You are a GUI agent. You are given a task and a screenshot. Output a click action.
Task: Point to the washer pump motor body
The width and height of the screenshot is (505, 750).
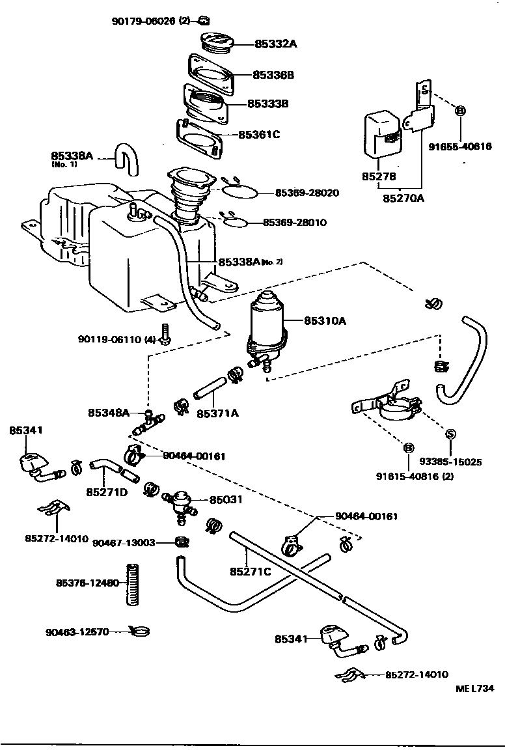coord(267,319)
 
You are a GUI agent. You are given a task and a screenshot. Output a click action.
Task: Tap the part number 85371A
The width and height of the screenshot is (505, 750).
coord(217,413)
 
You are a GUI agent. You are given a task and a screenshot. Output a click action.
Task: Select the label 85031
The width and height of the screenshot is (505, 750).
coord(225,500)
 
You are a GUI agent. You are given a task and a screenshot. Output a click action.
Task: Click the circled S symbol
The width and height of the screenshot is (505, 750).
coord(448,434)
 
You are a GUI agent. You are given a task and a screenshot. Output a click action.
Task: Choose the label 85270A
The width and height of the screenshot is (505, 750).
coord(403,197)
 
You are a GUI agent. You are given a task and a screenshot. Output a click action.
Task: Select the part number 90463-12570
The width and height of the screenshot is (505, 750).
coord(79,632)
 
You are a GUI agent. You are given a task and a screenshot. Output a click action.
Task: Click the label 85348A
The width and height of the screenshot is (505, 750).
coord(109,413)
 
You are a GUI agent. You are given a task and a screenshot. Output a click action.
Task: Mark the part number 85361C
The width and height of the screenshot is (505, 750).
coord(258,135)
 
